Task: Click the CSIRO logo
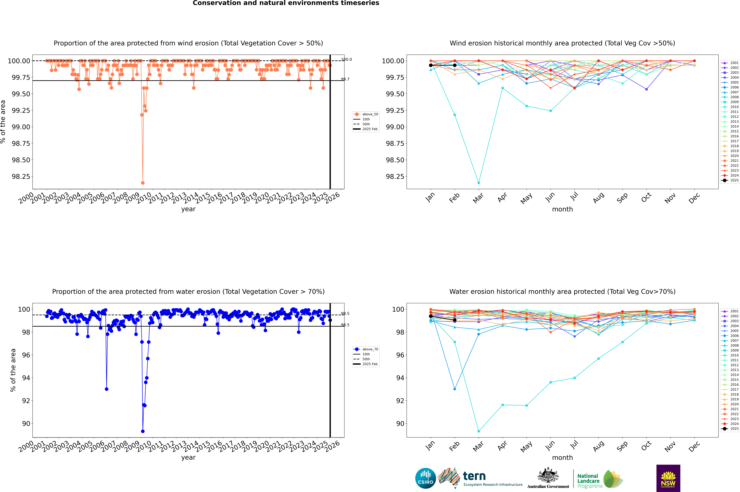pos(425,478)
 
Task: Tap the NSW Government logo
pos(668,478)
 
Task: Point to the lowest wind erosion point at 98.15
pos(143,183)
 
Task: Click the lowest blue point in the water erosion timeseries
pos(143,431)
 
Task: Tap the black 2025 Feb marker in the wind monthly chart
pos(455,65)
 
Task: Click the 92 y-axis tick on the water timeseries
pos(26,401)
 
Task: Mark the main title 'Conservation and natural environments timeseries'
pos(286,3)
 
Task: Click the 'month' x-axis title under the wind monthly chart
pos(562,209)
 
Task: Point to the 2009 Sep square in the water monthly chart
pos(622,342)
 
